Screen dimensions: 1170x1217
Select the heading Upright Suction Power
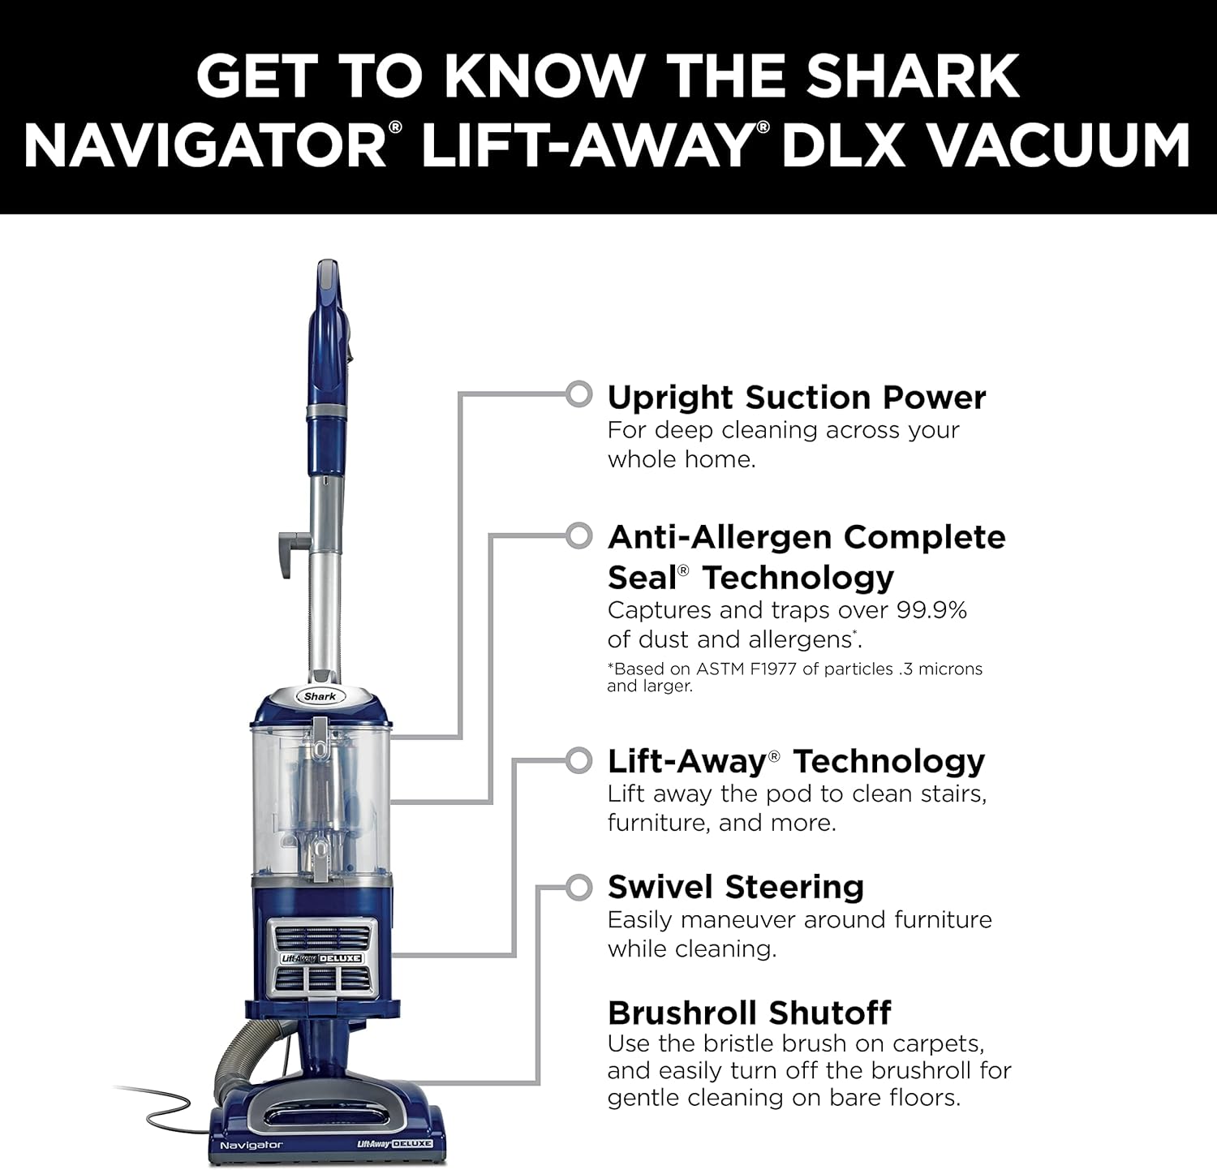pos(796,398)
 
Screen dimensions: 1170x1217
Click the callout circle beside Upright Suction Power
pos(578,394)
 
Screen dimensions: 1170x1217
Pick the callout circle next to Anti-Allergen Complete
pos(578,536)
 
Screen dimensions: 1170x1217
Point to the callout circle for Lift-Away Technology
pos(578,760)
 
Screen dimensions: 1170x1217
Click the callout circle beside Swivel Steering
pos(578,887)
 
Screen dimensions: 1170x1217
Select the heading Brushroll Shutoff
pos(749,1013)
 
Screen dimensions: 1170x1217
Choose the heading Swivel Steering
pos(735,887)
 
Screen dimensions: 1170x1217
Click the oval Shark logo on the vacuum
pos(320,696)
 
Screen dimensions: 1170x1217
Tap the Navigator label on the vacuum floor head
pos(252,1145)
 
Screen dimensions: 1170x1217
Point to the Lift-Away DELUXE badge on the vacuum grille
pos(322,958)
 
